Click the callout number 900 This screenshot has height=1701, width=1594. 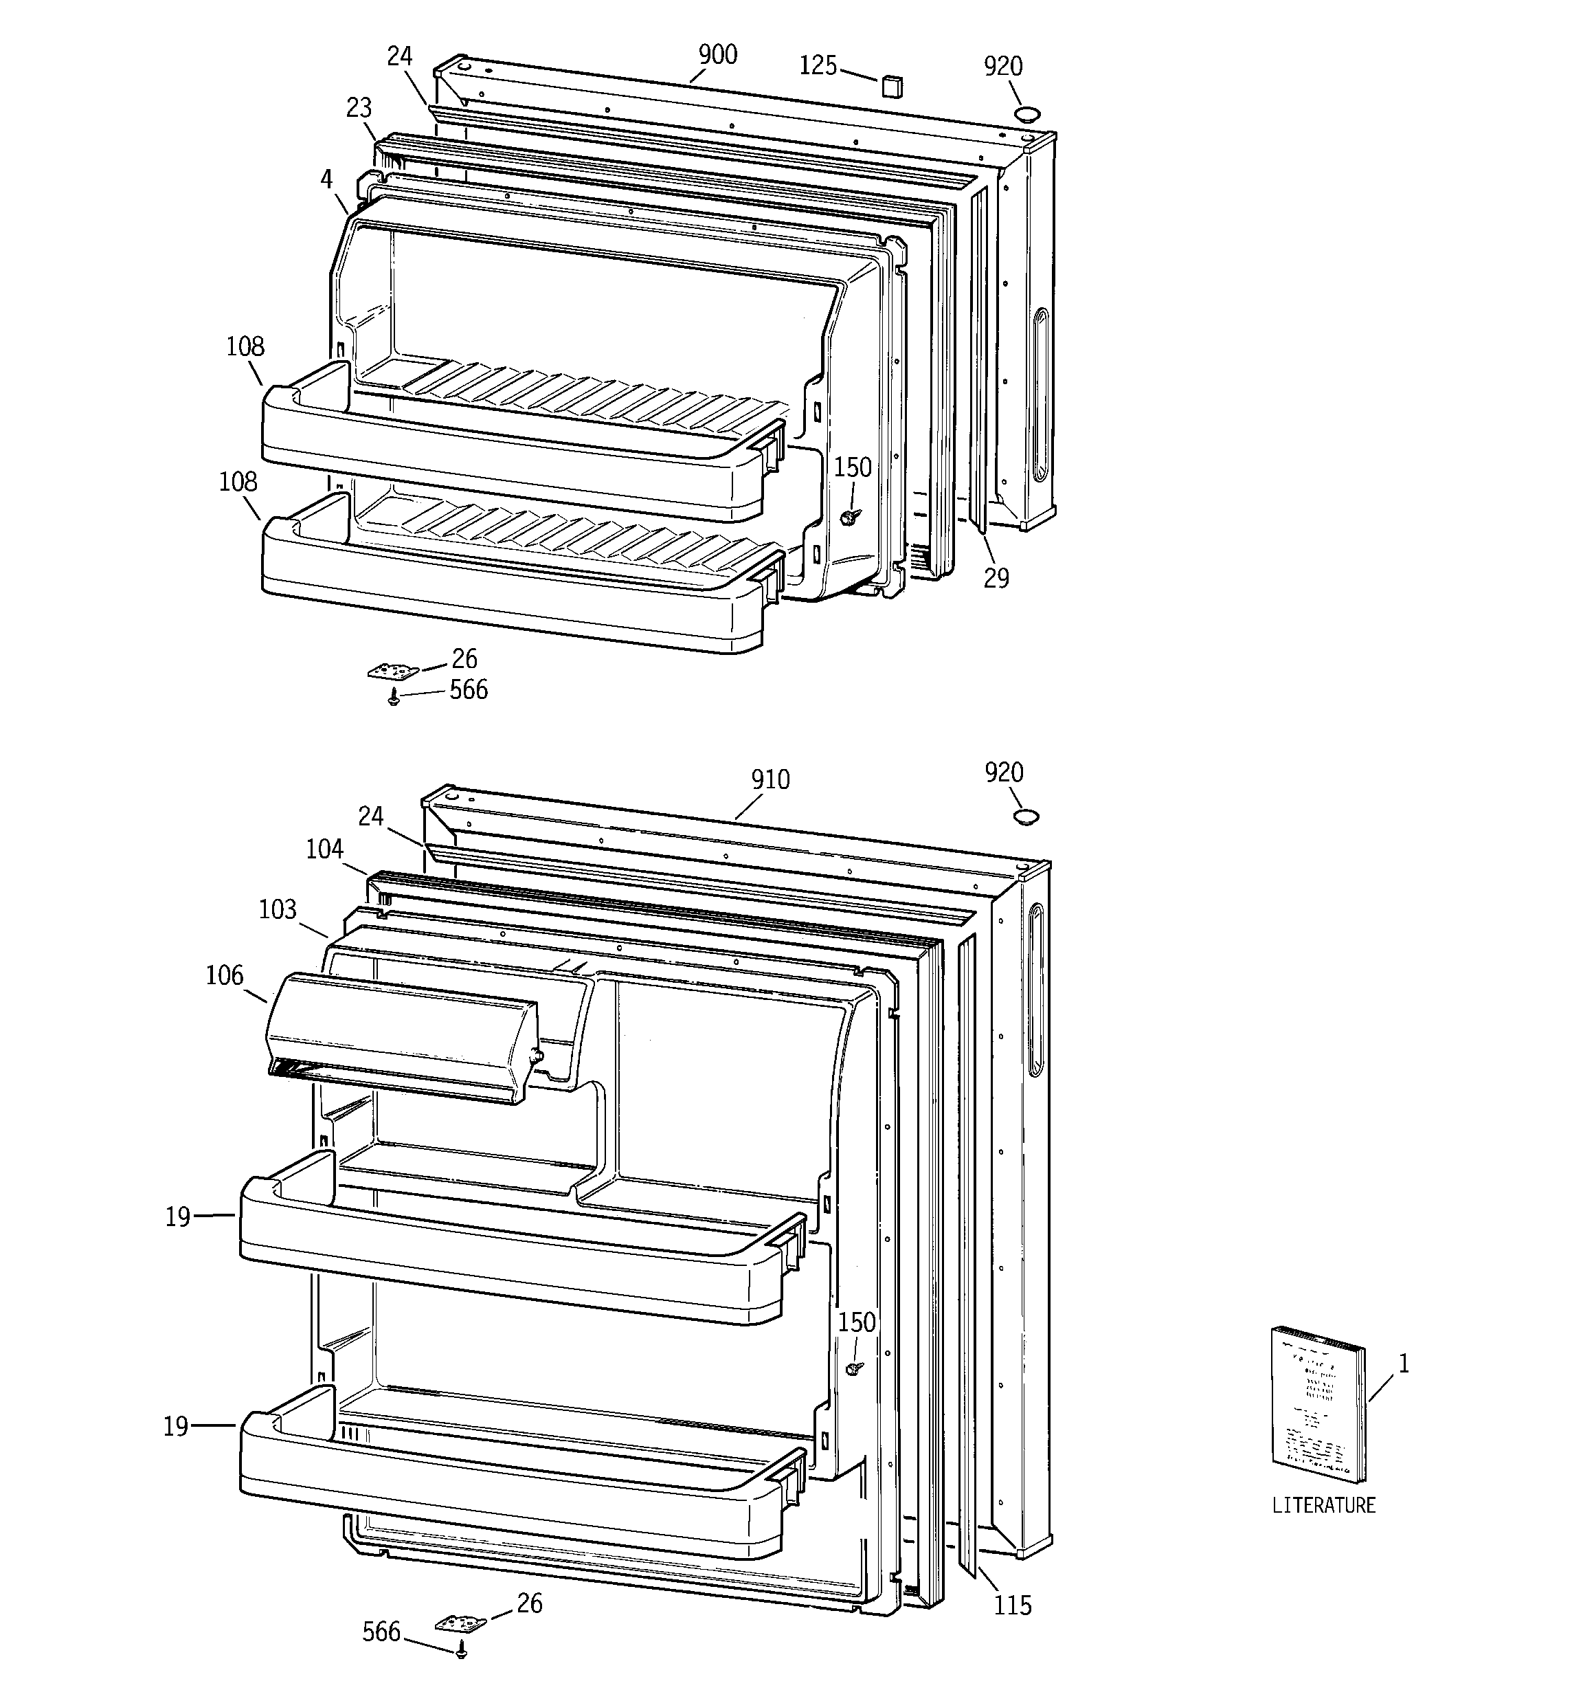coord(717,55)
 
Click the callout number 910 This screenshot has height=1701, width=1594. coord(770,779)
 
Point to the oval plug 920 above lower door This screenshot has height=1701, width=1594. coord(1026,816)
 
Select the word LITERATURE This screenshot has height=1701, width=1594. coord(1323,1528)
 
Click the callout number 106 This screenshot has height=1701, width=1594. coord(224,975)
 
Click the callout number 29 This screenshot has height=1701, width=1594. coord(996,579)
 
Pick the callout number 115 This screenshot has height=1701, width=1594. coord(1012,1606)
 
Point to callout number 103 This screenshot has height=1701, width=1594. coord(277,909)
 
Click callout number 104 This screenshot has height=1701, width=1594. coord(324,849)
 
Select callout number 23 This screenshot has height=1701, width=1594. coord(359,108)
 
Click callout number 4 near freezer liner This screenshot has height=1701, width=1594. coord(326,179)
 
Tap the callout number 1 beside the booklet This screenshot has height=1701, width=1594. coord(1402,1364)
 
